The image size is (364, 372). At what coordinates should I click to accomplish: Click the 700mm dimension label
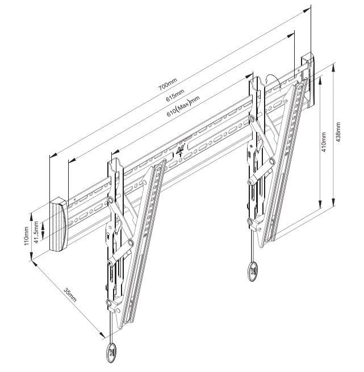pos(168,84)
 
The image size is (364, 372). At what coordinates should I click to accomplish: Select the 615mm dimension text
pos(175,95)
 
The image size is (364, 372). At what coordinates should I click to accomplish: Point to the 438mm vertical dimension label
pos(338,132)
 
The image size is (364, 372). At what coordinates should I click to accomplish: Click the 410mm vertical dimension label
pos(324,143)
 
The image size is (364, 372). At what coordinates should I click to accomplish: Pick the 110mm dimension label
pos(26,236)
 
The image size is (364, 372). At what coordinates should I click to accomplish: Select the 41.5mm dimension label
pos(36,232)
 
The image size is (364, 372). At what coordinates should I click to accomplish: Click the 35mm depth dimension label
pos(70,295)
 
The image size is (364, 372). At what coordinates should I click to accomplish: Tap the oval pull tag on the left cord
pos(111,353)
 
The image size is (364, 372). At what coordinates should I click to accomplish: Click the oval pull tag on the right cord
pos(252,271)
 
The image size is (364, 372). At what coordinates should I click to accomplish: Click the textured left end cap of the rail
pos(58,224)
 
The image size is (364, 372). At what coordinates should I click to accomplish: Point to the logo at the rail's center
pos(180,150)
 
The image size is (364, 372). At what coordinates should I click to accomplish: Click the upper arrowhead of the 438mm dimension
pos(333,68)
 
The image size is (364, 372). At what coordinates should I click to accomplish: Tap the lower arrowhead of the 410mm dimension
pos(320,204)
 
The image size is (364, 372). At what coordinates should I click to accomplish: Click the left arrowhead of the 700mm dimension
pos(53,154)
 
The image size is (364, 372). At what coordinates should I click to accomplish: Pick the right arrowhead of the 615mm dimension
pos(290,36)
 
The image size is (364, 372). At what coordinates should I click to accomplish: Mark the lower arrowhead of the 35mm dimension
pos(102,335)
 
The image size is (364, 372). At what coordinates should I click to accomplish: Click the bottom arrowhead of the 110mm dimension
pos(31,257)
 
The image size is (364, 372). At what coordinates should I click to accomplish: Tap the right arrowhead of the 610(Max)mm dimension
pos(249,76)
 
